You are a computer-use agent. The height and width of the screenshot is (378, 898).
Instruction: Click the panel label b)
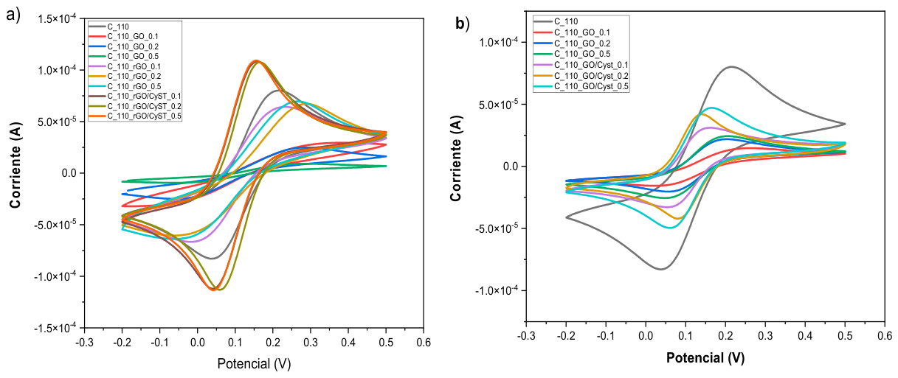[x=462, y=24]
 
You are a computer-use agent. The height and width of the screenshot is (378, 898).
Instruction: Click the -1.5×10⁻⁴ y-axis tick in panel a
[x=56, y=328]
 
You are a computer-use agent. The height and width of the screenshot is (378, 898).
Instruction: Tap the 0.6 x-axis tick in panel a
[x=424, y=343]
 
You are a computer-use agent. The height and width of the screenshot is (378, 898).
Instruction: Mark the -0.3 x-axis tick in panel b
[x=526, y=335]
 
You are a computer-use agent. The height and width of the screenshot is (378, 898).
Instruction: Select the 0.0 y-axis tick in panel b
[x=511, y=167]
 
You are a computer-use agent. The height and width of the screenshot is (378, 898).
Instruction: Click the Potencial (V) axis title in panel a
[x=254, y=364]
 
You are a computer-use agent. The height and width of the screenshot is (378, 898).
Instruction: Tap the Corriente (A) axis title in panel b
[x=456, y=158]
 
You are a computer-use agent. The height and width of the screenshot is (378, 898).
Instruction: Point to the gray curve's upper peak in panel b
[x=732, y=66]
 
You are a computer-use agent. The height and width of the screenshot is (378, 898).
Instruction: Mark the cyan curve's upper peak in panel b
[x=712, y=108]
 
